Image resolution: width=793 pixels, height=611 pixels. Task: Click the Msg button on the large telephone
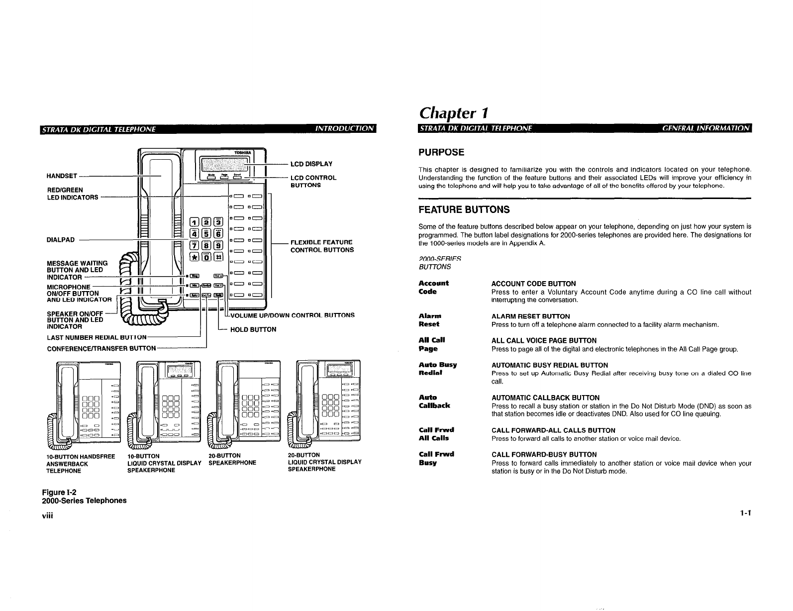[195, 276]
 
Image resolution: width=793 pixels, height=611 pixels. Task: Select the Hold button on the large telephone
[218, 295]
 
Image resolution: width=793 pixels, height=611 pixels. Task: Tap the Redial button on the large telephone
[206, 285]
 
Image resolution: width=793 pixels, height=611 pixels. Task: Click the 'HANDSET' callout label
[62, 176]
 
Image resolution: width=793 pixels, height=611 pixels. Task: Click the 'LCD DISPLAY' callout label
[311, 164]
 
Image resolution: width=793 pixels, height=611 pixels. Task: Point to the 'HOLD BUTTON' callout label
[253, 329]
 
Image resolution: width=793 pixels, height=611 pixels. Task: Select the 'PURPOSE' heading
[442, 152]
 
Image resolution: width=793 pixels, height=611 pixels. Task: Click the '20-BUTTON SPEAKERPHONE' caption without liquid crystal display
[232, 459]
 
